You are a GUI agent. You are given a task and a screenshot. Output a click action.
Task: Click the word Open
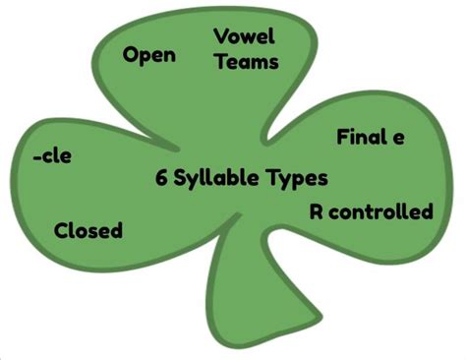point(149,54)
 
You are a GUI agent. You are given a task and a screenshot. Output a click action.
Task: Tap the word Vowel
point(244,37)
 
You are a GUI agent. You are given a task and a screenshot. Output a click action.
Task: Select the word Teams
point(246,61)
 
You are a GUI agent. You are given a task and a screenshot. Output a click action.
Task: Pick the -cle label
point(51,155)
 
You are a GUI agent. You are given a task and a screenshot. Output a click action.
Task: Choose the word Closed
point(88,230)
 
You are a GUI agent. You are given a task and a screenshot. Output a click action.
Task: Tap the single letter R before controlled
point(317,211)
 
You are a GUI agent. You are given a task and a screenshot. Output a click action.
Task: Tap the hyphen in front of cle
point(34,156)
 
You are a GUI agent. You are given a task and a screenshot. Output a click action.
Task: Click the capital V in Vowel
point(220,37)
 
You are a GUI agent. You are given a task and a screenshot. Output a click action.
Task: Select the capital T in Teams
point(220,61)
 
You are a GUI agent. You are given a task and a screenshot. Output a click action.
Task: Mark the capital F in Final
point(342,137)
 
